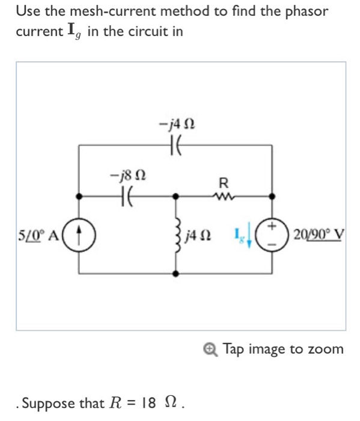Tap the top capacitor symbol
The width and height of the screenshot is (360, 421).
click(175, 146)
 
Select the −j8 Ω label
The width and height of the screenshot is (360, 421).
click(127, 176)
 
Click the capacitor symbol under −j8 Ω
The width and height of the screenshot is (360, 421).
click(127, 195)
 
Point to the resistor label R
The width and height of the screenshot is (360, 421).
click(224, 182)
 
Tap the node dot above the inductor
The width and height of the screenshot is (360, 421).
click(175, 196)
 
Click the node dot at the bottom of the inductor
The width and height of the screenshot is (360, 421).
click(175, 273)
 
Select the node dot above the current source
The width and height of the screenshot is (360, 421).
click(79, 196)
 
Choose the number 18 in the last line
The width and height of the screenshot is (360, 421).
click(151, 402)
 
